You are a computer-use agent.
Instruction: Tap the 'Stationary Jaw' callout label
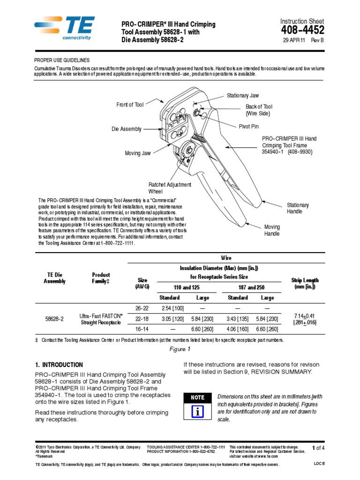(x=243, y=96)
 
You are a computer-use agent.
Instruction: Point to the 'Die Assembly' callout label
(x=126, y=129)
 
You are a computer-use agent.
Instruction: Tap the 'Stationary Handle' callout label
(x=298, y=209)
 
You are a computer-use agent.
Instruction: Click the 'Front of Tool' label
(x=130, y=105)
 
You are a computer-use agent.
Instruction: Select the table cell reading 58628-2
(x=55, y=319)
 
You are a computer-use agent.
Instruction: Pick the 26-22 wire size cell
(x=142, y=308)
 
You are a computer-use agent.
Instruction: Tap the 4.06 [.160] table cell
(x=238, y=329)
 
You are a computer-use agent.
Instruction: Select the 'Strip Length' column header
(x=304, y=284)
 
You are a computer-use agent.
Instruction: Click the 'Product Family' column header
(x=101, y=278)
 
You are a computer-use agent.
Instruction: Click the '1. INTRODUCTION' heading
(x=59, y=365)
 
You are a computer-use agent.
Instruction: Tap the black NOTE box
(x=197, y=397)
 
